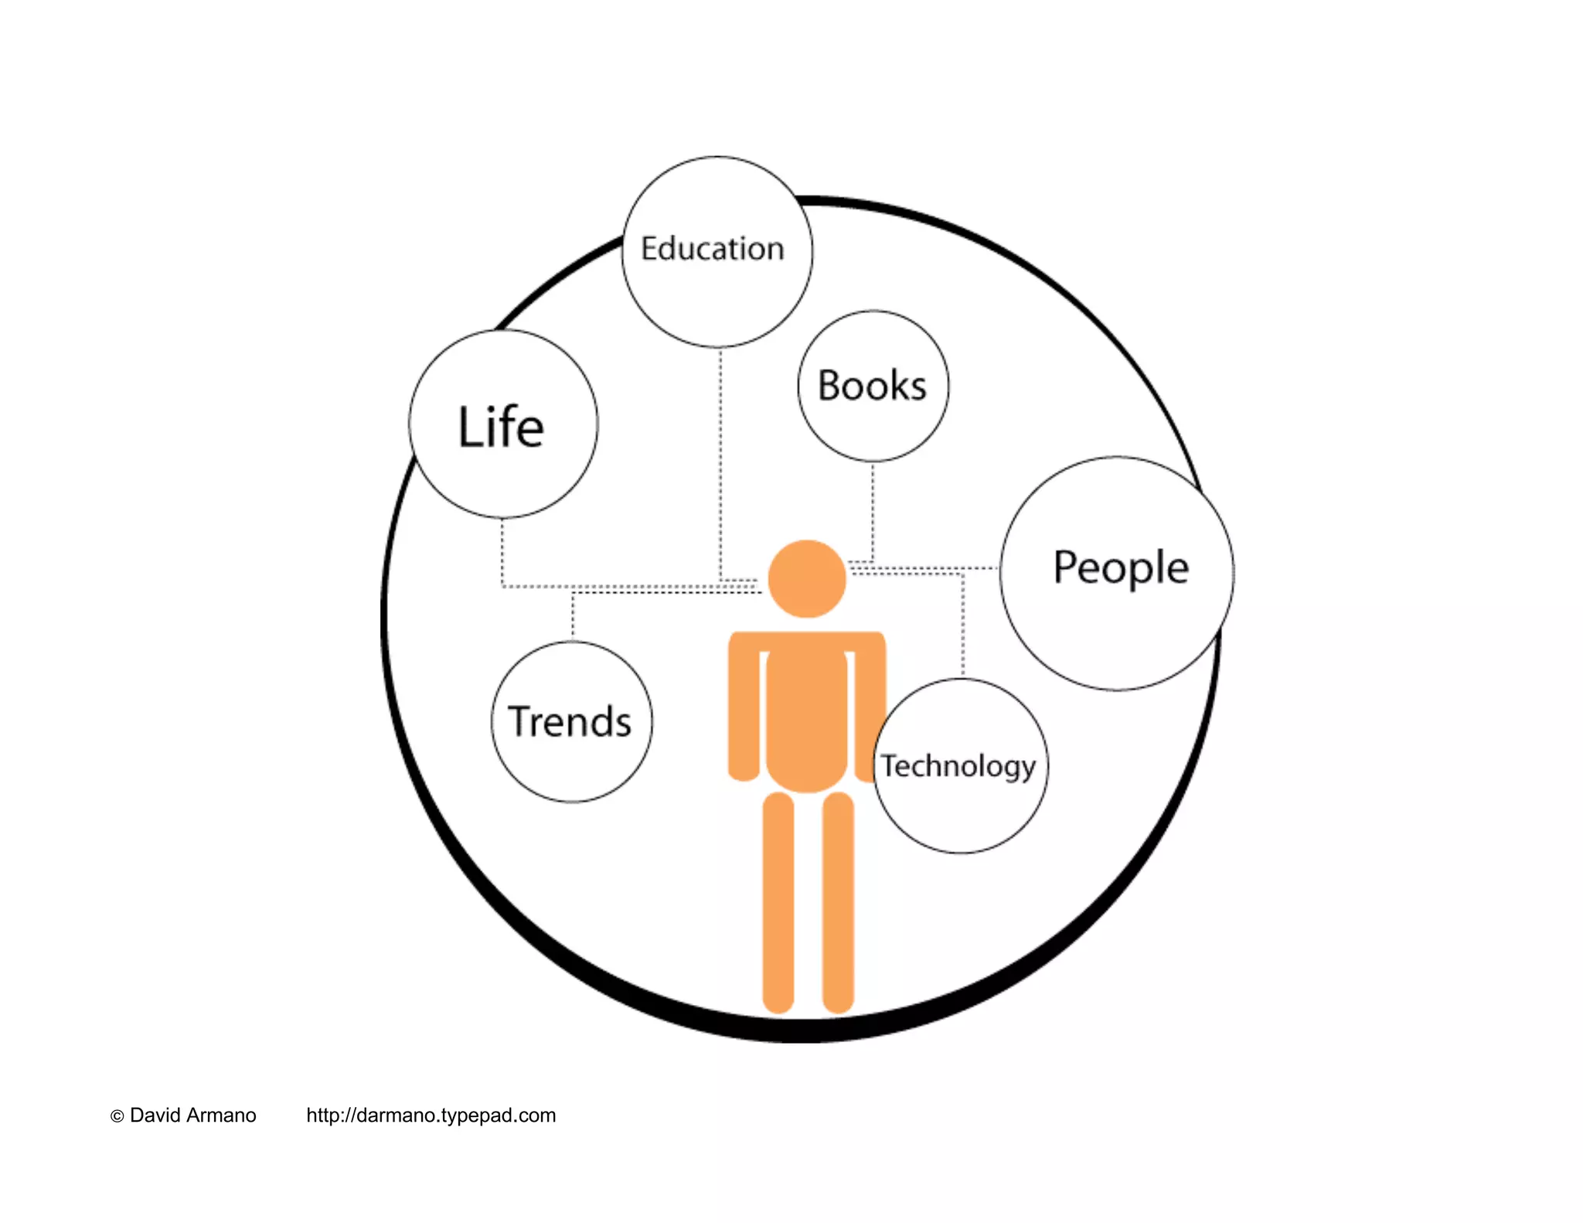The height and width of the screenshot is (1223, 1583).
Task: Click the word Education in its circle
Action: [712, 249]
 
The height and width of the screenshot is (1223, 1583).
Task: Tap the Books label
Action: [872, 386]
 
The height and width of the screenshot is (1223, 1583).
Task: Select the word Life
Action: [501, 427]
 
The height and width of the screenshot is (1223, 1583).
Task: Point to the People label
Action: [1121, 568]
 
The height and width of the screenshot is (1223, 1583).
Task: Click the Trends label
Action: [570, 721]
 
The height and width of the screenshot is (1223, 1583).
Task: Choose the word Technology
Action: [958, 766]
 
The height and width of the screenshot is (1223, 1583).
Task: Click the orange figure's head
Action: [807, 579]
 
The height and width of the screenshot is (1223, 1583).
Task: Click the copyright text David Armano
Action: [192, 1116]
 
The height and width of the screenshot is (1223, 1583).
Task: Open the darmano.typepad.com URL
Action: [431, 1116]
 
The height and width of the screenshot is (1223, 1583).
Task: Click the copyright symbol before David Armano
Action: [117, 1116]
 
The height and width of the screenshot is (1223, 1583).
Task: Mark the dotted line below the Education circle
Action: [720, 464]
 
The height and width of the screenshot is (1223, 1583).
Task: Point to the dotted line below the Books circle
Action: [873, 510]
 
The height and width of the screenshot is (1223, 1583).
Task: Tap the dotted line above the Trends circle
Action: [573, 616]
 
